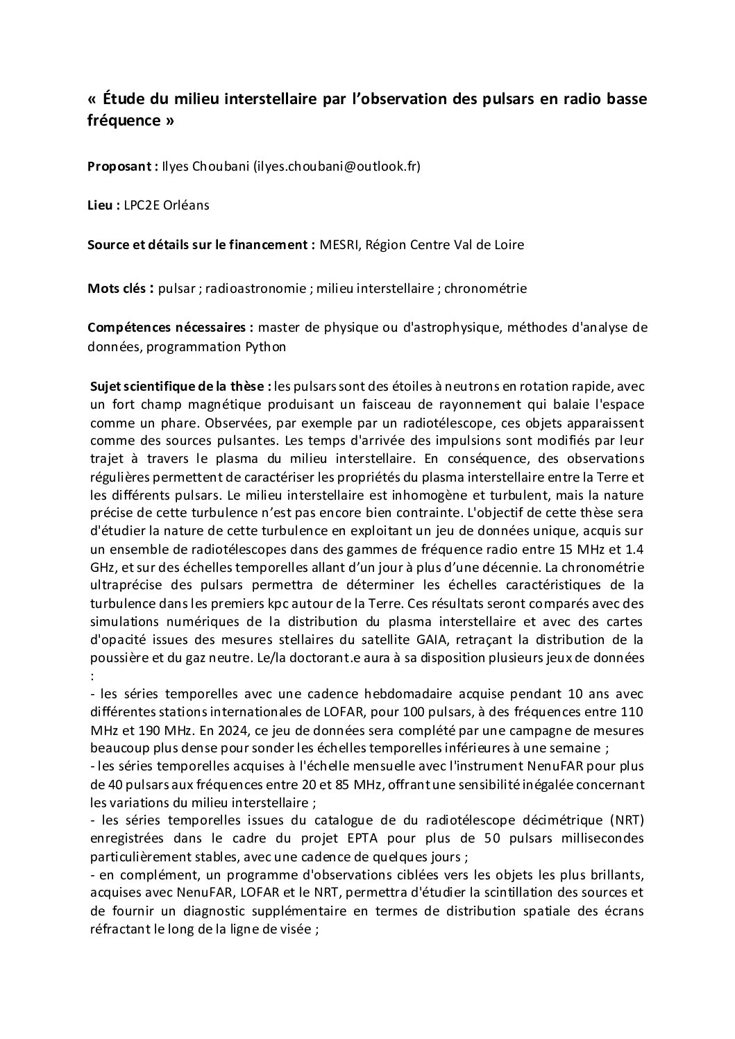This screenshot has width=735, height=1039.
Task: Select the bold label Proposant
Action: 121,166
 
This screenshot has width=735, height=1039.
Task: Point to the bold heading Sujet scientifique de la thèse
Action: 181,386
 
